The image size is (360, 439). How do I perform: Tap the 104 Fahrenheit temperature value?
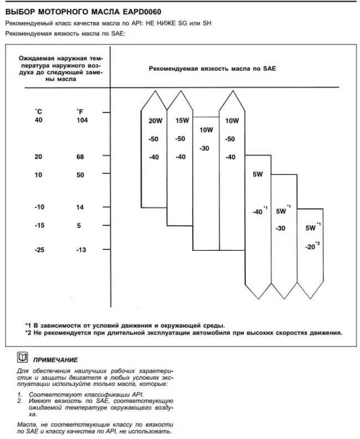pos(82,120)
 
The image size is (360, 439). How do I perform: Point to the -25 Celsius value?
pos(39,250)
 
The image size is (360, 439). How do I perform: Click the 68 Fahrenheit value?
pos(80,157)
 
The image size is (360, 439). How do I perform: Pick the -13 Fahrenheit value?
pos(81,250)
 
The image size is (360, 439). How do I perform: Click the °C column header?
pos(38,111)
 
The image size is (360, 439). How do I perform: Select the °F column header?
pos(80,111)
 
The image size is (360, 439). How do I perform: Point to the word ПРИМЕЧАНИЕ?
pos(55,359)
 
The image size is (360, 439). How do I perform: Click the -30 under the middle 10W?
pos(204,148)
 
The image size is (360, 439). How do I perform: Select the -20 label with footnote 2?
pos(310,247)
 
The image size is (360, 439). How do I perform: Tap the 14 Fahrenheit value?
pos(80,207)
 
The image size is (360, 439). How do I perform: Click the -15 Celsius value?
pos(39,225)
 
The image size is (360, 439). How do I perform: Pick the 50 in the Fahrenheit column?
pos(80,175)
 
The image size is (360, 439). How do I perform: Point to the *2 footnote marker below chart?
pos(28,333)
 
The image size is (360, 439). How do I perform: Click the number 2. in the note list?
pos(19,400)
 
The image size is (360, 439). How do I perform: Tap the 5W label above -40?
pos(258,175)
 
